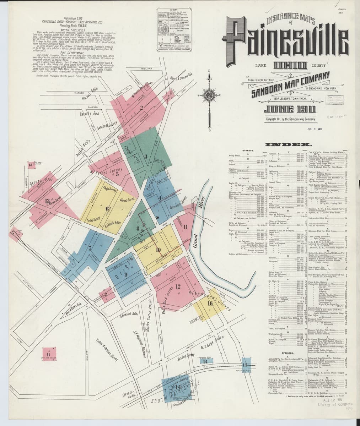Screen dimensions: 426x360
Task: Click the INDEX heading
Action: (291, 145)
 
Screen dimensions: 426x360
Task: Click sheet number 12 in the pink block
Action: (178, 286)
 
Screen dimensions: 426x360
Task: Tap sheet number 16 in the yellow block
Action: (210, 303)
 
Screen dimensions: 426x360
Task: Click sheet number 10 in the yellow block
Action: (158, 250)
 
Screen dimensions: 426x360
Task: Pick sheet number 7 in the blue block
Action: (91, 248)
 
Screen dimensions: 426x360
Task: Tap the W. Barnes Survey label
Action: (107, 173)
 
